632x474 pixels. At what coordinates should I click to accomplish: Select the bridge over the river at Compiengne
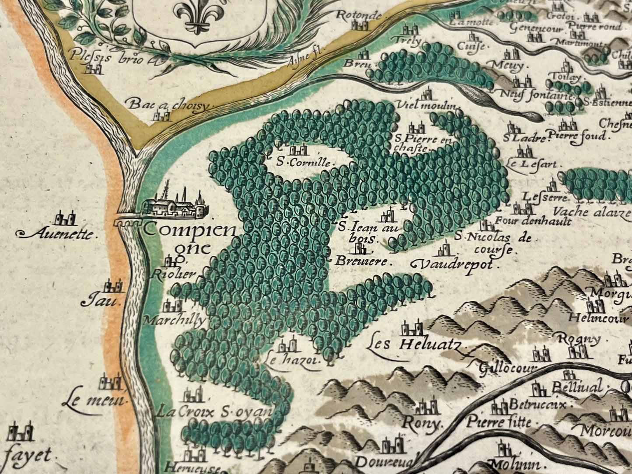127,221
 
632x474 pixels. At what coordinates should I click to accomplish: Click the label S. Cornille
305,162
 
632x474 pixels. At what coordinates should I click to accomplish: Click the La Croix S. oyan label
214,412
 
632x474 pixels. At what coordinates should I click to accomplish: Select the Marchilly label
174,321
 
